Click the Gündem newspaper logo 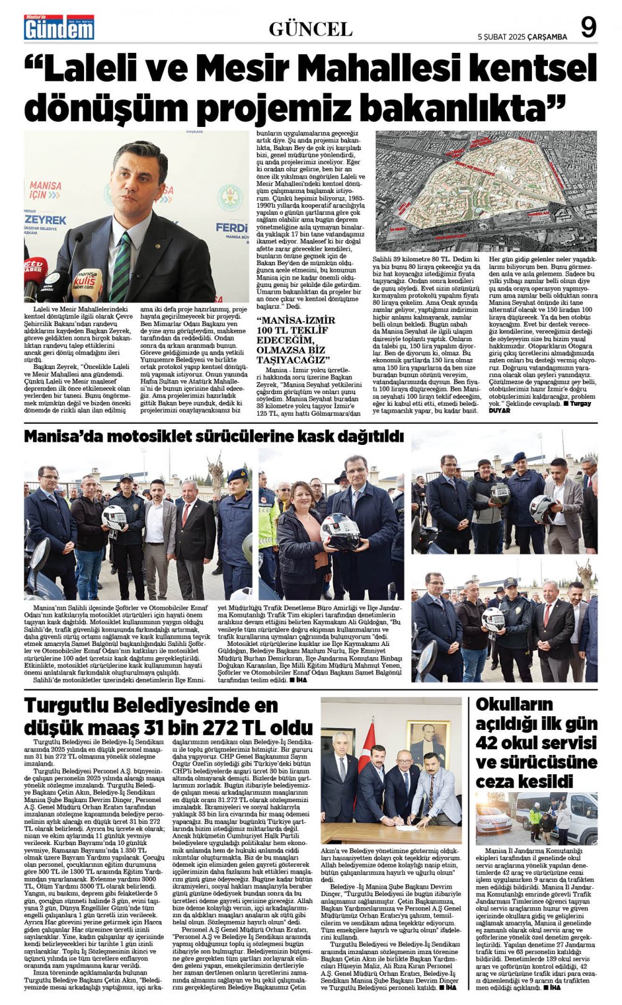tap(59, 28)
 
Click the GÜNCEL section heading tap(310, 29)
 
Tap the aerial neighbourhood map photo tap(486, 190)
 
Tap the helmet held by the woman tap(340, 530)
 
